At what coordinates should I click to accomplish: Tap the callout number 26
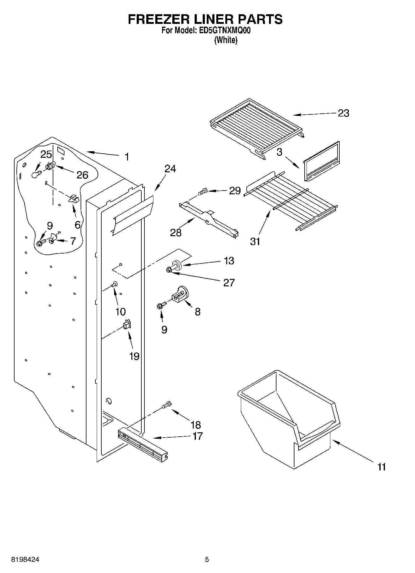click(x=82, y=175)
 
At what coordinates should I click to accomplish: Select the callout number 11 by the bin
click(x=382, y=467)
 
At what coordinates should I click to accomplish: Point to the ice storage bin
click(x=288, y=415)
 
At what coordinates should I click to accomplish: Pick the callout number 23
click(x=343, y=113)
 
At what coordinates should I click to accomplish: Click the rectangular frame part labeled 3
click(x=321, y=161)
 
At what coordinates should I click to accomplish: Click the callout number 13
click(x=229, y=261)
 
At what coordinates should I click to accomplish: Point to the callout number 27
click(x=229, y=283)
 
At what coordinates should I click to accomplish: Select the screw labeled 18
click(x=166, y=405)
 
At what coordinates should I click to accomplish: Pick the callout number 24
click(x=170, y=169)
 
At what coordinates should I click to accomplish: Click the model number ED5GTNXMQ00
click(x=228, y=30)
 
